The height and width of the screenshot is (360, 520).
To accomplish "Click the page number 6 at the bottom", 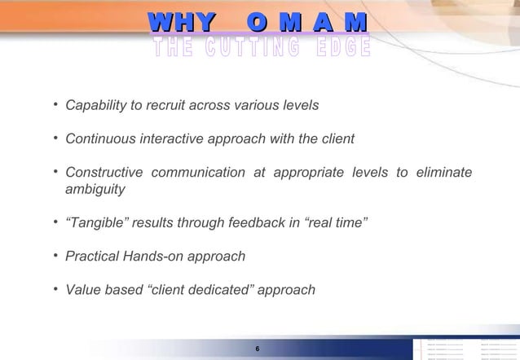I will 258,349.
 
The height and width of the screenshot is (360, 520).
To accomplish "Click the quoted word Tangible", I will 96,223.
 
